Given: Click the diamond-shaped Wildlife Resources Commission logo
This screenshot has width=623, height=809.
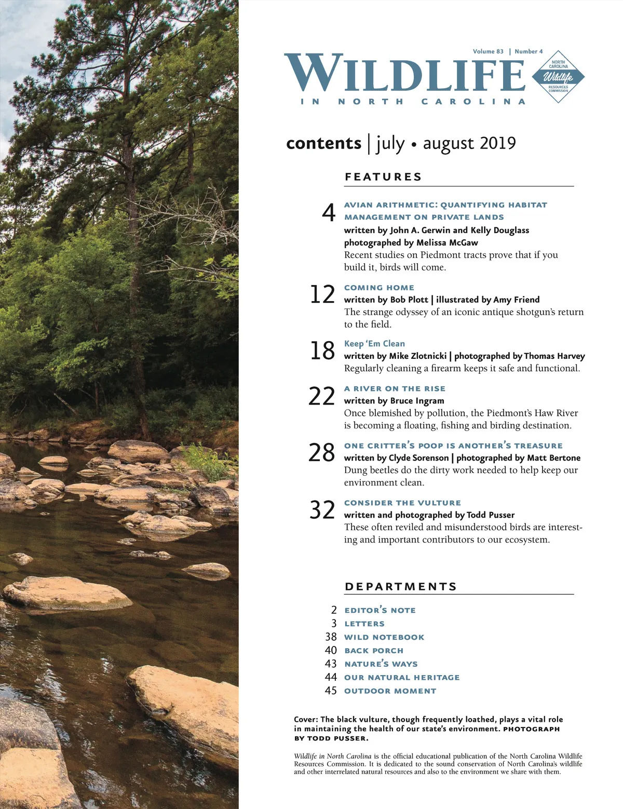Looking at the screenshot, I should coord(558,77).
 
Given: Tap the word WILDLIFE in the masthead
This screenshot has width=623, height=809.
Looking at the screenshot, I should coord(405,74).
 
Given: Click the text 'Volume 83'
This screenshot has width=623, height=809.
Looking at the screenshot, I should coord(488,51).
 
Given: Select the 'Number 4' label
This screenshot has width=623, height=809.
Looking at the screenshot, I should coord(529,51).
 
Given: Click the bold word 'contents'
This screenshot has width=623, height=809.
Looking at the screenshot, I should coord(323,143).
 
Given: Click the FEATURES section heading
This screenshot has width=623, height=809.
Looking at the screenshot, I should coord(383,177).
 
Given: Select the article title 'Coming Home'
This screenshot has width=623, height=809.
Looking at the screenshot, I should coord(379,288).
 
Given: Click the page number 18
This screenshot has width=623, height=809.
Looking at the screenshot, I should coord(322,351).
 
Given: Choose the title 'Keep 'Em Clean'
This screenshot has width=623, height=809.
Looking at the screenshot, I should coord(374,344).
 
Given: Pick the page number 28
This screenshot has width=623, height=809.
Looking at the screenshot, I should coord(322,453).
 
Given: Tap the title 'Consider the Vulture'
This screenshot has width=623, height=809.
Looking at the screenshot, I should coord(402,503).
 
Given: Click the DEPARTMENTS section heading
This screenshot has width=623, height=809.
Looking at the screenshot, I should coord(400,587).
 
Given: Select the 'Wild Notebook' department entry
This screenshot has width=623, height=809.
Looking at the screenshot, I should coord(384,637).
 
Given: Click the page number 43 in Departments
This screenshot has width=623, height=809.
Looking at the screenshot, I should coord(331,664).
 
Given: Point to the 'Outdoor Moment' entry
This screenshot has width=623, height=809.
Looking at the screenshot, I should coord(390,691).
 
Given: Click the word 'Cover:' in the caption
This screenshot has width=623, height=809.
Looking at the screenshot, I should coord(306,720).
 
